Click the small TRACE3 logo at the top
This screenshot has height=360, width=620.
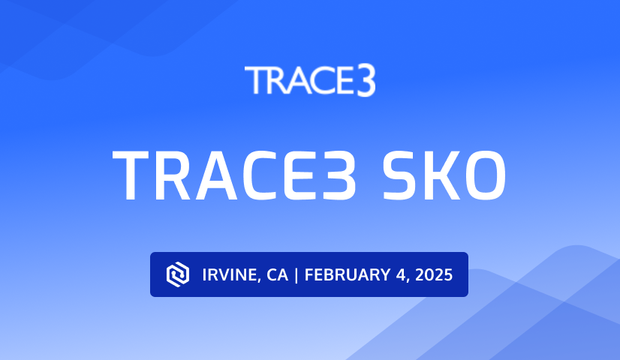point(309,81)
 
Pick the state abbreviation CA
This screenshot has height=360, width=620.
point(276,275)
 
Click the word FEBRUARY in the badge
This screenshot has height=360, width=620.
point(345,275)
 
